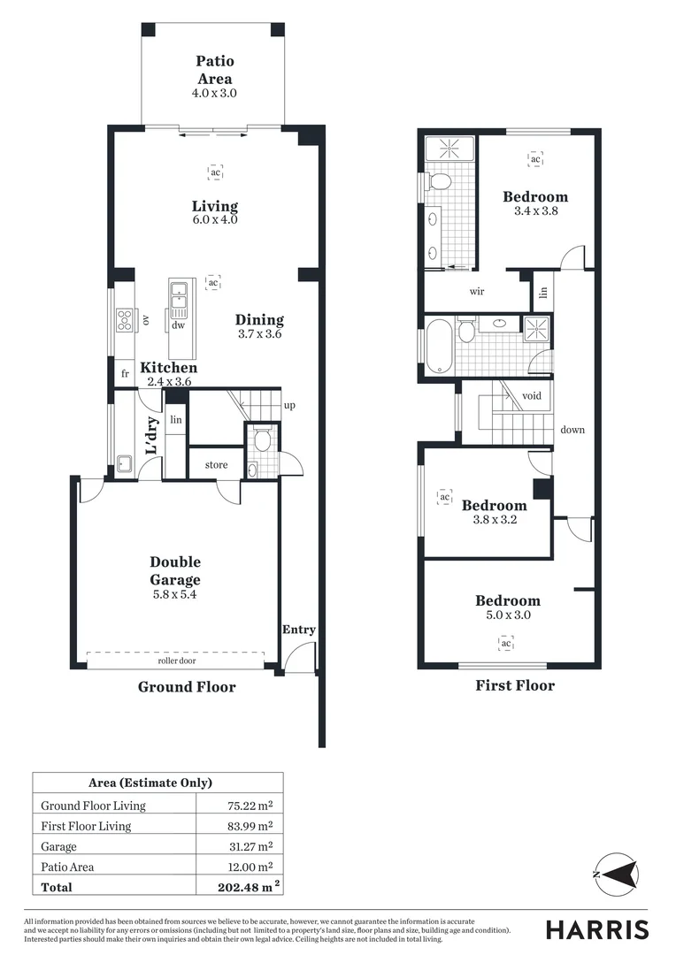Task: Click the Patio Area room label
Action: (215, 70)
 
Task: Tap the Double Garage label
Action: (175, 571)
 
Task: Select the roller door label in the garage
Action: (175, 660)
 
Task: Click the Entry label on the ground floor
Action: (298, 630)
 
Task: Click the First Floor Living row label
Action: (86, 826)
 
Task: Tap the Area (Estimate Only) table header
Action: (150, 783)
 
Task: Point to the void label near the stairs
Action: (532, 396)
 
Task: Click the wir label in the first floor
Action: (476, 291)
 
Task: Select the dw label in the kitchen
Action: (178, 325)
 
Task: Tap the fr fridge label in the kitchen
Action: (125, 374)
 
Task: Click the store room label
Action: (216, 464)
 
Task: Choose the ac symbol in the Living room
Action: (215, 172)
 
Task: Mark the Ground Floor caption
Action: (187, 686)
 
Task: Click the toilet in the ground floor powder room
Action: (260, 440)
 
